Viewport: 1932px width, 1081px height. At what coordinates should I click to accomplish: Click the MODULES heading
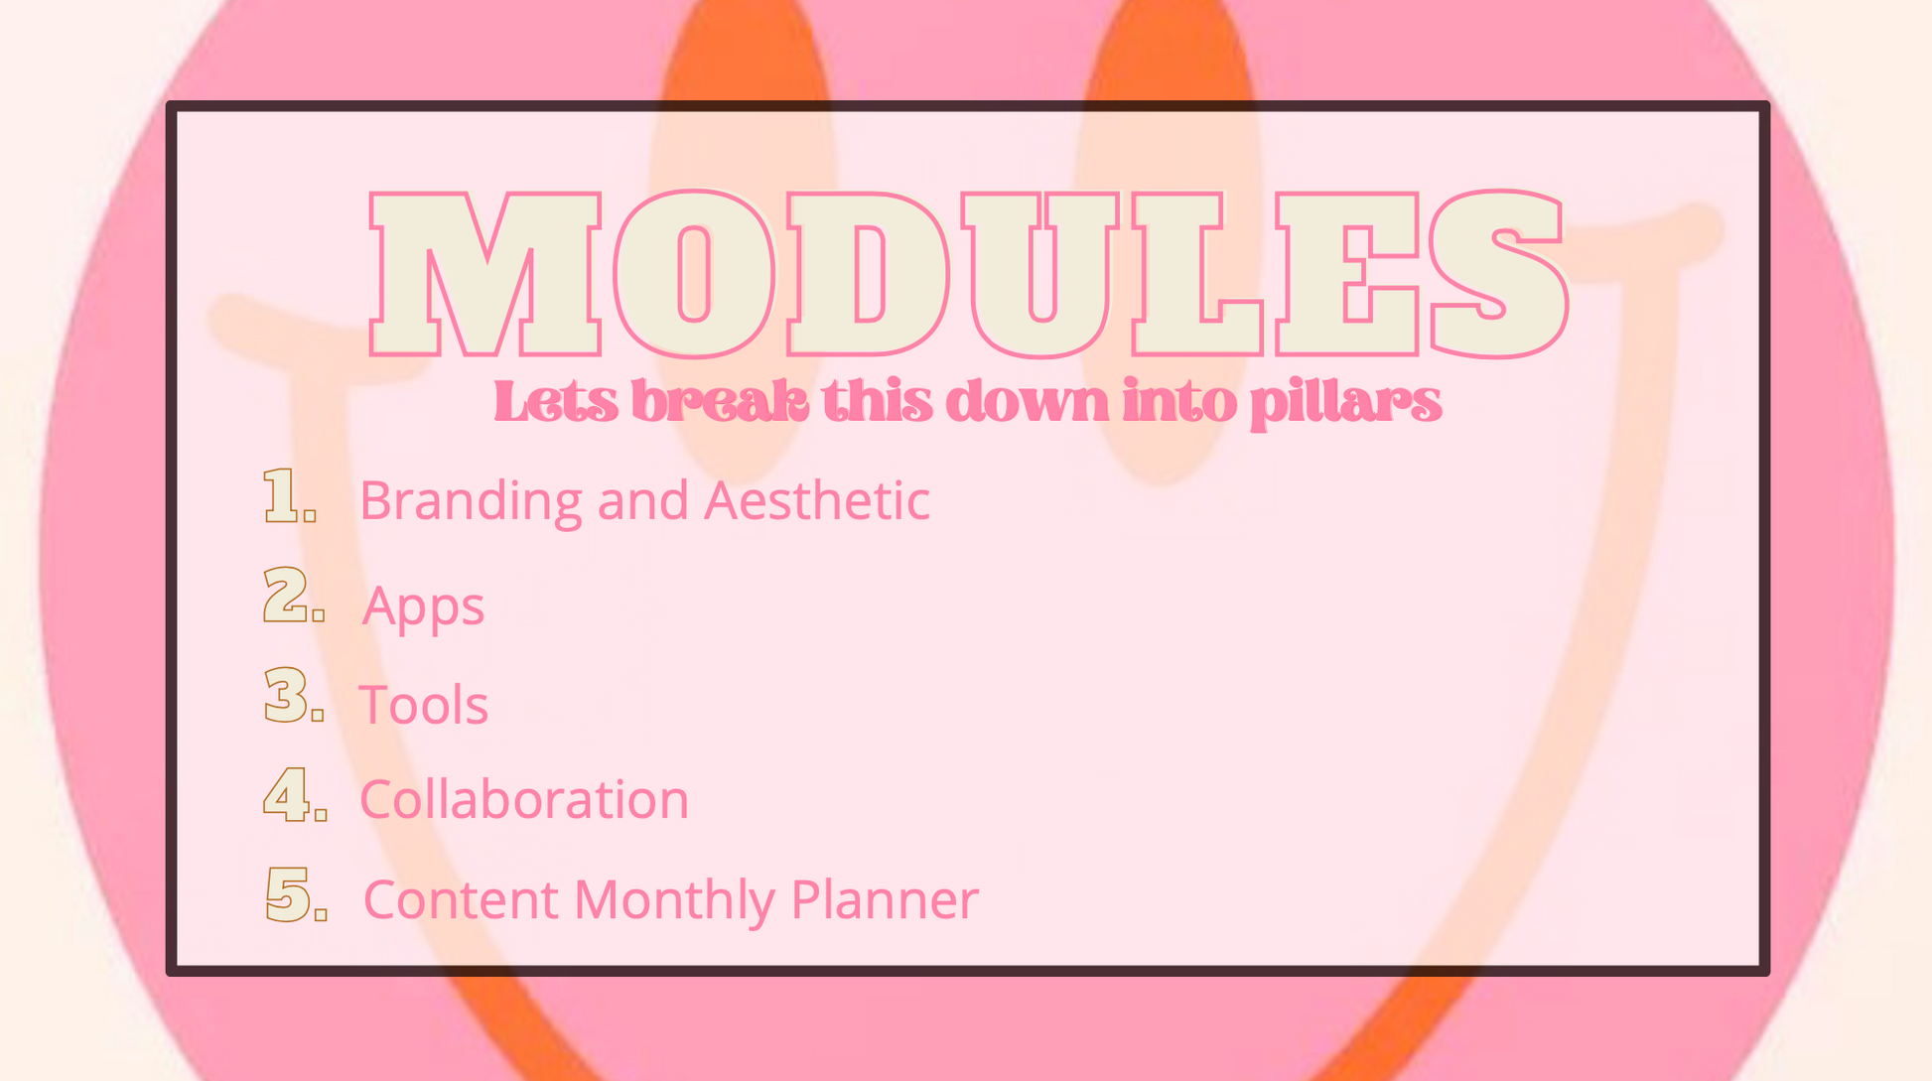click(968, 274)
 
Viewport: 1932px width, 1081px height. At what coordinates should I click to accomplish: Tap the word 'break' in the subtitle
click(720, 402)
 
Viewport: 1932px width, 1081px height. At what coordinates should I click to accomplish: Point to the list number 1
click(289, 495)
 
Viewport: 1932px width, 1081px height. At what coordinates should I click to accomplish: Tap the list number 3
click(294, 695)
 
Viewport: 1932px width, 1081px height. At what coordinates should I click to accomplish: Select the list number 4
click(295, 794)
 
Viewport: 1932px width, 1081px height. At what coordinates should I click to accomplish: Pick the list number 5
click(296, 894)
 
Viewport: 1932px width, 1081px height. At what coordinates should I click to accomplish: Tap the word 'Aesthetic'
click(817, 500)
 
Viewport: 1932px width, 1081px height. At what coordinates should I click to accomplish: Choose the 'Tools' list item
click(424, 705)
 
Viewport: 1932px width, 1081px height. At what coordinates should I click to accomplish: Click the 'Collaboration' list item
click(524, 799)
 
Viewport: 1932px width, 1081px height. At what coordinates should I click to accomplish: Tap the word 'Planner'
click(885, 899)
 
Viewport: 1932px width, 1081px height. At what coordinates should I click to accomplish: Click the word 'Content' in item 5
click(462, 899)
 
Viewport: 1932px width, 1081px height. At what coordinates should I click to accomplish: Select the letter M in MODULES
click(485, 274)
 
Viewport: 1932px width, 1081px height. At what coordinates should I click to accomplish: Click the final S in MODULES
click(1498, 274)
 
